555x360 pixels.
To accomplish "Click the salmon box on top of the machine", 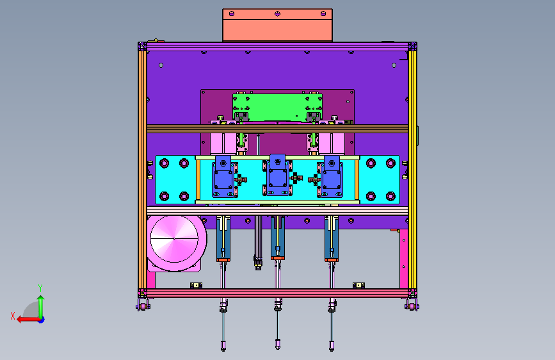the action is [278, 26].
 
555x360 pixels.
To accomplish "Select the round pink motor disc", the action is [174, 239].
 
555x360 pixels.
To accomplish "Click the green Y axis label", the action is [40, 288].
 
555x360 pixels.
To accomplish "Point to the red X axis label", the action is [13, 316].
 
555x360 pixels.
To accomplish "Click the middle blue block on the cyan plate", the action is [278, 174].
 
